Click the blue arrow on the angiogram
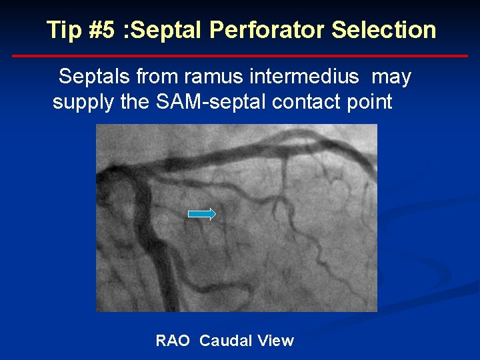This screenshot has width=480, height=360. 202,214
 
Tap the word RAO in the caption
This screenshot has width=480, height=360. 172,341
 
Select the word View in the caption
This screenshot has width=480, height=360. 275,341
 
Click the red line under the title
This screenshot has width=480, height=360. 240,56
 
